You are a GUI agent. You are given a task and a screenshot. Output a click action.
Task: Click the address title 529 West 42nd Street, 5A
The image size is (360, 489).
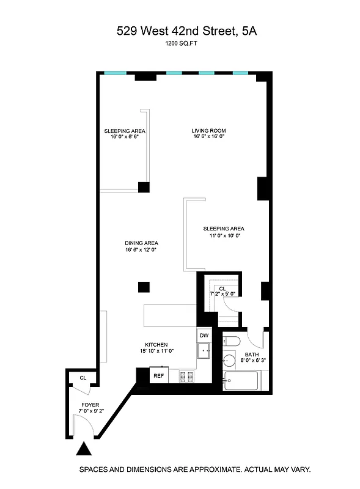[187, 31]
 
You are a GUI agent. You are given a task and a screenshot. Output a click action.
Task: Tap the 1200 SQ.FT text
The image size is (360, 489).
[180, 44]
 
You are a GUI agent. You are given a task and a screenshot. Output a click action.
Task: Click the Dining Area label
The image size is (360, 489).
[141, 243]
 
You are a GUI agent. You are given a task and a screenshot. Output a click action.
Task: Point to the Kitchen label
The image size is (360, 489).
[156, 345]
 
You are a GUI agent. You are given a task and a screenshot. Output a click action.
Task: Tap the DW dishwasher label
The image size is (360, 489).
[204, 336]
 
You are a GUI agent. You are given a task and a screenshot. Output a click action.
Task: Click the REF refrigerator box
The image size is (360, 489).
[158, 375]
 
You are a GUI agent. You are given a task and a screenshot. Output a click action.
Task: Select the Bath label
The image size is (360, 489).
[252, 355]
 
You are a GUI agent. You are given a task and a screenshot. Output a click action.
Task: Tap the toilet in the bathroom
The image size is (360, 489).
[232, 340]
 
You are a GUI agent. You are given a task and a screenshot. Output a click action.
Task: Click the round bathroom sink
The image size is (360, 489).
[229, 360]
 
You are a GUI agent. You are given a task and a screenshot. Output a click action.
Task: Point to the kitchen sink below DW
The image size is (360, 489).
[204, 350]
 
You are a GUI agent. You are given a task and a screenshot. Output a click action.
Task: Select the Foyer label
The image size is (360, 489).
[90, 405]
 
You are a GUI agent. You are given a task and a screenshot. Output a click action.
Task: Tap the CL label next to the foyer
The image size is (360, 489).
[83, 378]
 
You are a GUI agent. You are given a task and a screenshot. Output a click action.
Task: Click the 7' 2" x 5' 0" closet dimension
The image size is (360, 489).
[222, 295]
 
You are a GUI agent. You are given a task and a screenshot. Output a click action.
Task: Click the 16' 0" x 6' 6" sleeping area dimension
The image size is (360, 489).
[125, 138]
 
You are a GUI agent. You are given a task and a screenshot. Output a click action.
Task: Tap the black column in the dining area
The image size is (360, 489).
[143, 285]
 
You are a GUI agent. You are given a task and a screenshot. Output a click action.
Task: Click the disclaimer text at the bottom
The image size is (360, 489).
[195, 470]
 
